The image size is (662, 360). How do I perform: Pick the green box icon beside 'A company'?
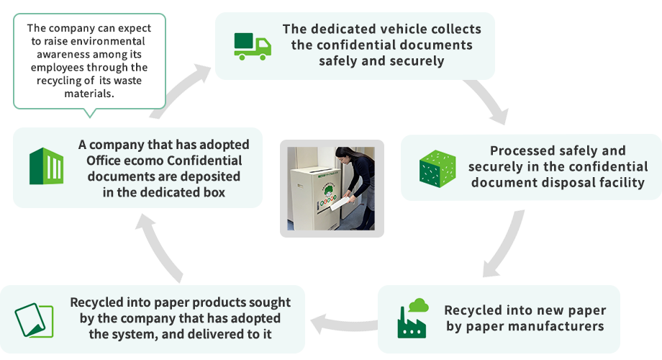pyautogui.click(x=46, y=166)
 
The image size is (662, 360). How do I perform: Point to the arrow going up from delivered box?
pyautogui.click(x=161, y=249)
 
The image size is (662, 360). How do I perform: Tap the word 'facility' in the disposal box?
pyautogui.click(x=618, y=182)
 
